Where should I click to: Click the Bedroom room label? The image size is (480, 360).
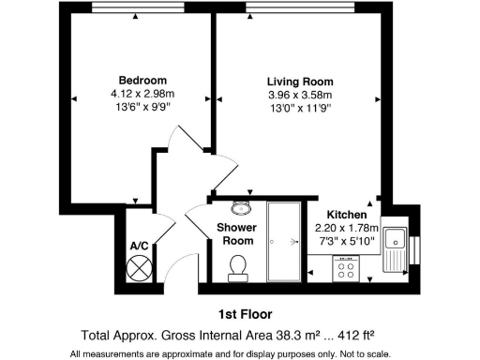pos(142,80)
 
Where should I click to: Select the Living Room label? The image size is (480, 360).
pos(300,82)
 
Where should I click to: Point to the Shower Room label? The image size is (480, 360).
pos(236,233)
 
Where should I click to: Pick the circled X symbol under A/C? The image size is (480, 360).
pos(139,268)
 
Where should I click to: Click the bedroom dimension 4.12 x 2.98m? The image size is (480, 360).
pos(142,94)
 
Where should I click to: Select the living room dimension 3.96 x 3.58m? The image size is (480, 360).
pos(300,95)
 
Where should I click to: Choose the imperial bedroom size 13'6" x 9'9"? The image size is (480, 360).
pos(142,107)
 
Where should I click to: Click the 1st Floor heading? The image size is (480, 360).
pos(239,313)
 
